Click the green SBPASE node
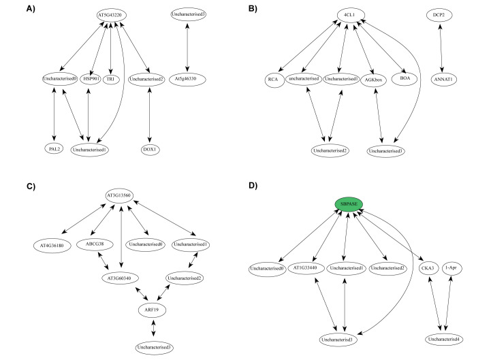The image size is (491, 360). pyautogui.click(x=349, y=203)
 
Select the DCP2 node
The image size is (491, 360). pyautogui.click(x=439, y=14)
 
